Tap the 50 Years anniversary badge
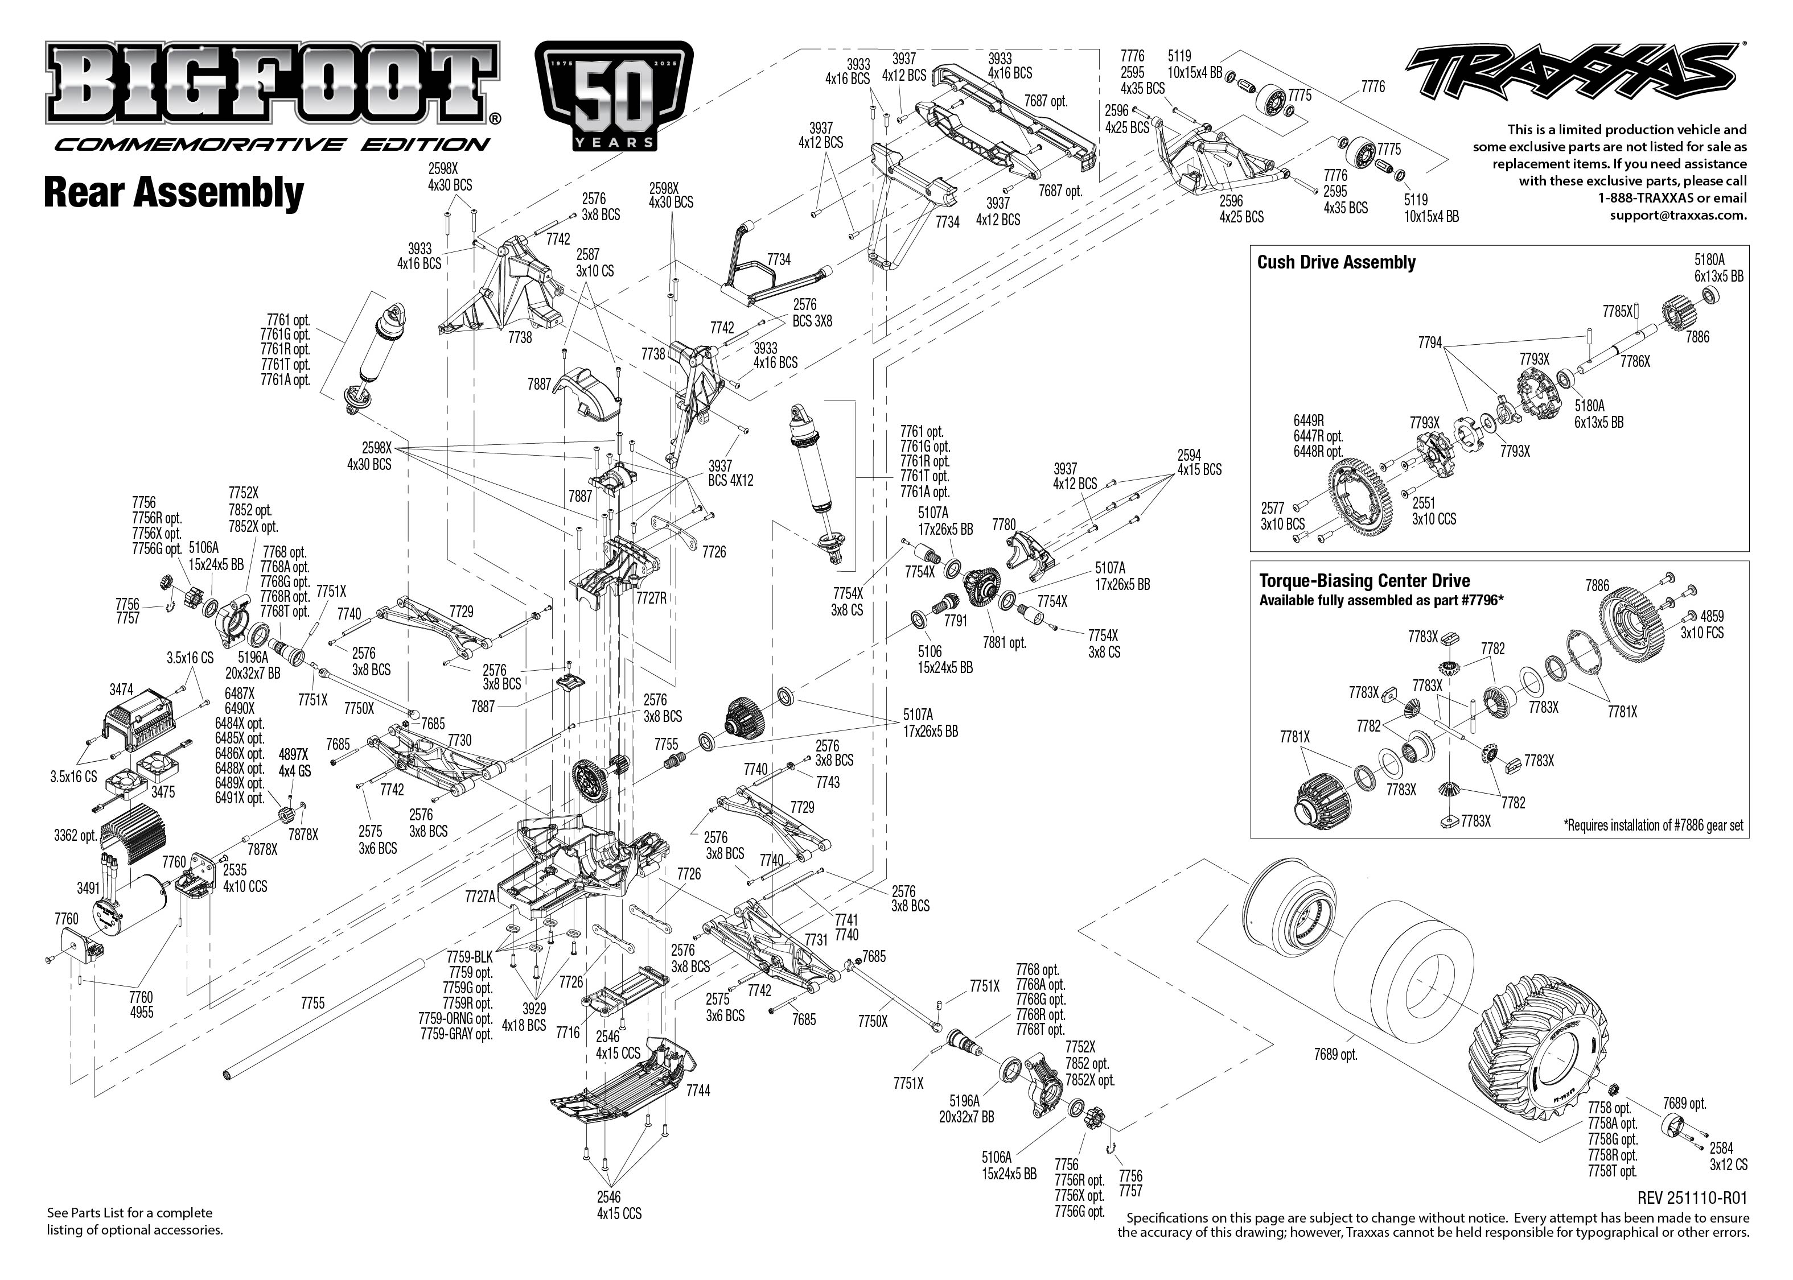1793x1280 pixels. [614, 97]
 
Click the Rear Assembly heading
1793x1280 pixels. [174, 193]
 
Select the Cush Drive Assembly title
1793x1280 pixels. [1336, 262]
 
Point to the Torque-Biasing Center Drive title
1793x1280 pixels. [1364, 581]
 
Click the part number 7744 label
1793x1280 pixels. [698, 1091]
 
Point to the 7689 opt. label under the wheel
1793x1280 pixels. [1336, 1054]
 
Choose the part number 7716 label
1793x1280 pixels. [567, 1033]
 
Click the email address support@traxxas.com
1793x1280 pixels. [1678, 214]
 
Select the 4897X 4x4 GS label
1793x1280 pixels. [294, 763]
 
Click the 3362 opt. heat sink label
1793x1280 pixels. [75, 835]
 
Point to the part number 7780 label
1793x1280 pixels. [1004, 524]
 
